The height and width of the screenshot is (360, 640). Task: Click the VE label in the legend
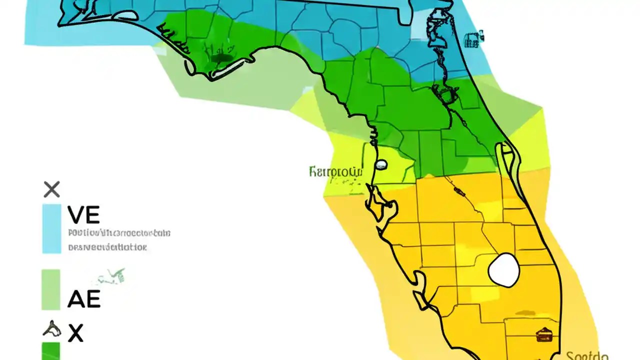pyautogui.click(x=83, y=215)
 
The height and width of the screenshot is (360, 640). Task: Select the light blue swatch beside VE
pyautogui.click(x=51, y=228)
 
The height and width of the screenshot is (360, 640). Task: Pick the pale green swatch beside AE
pyautogui.click(x=51, y=289)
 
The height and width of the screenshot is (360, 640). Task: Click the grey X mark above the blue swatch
pyautogui.click(x=51, y=189)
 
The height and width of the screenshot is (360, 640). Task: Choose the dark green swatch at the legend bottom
pyautogui.click(x=51, y=351)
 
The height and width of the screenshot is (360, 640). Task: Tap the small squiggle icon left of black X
pyautogui.click(x=52, y=328)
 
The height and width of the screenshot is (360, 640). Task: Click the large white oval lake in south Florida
pyautogui.click(x=504, y=270)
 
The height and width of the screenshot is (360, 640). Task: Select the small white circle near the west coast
pyautogui.click(x=381, y=164)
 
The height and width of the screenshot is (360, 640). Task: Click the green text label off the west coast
pyautogui.click(x=335, y=172)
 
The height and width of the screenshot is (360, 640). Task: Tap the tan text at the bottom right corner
pyautogui.click(x=587, y=355)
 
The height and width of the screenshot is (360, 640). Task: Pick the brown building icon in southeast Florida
pyautogui.click(x=543, y=334)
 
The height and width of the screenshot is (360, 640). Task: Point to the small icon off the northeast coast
pyautogui.click(x=473, y=39)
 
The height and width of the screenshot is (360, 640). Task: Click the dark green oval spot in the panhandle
pyautogui.click(x=218, y=59)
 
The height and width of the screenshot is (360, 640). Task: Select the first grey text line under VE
pyautogui.click(x=119, y=233)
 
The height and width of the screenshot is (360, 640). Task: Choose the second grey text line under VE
pyautogui.click(x=107, y=247)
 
